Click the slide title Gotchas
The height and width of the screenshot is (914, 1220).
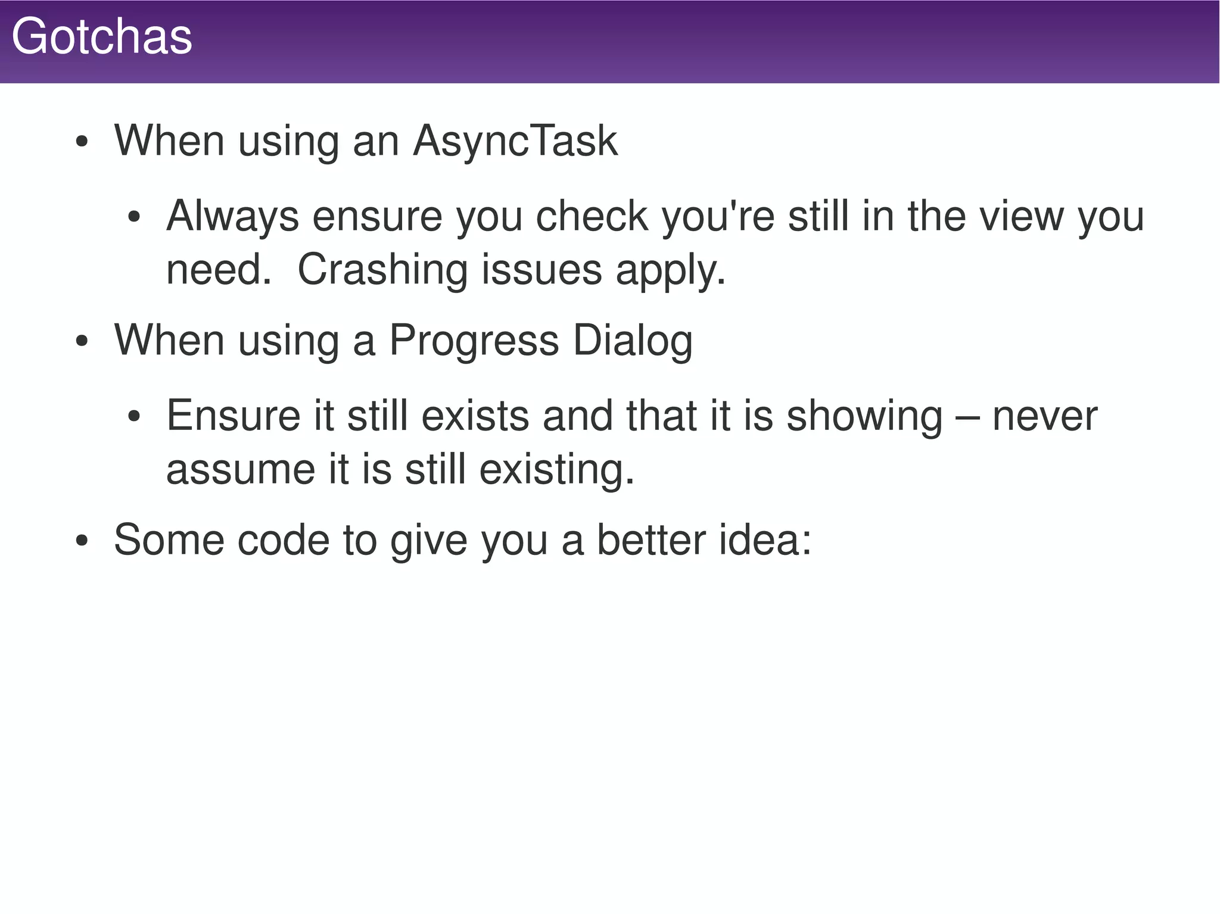(x=102, y=37)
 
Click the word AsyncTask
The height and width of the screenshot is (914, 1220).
(x=515, y=141)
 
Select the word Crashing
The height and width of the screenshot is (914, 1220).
(x=382, y=269)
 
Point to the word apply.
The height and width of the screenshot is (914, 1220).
(x=670, y=271)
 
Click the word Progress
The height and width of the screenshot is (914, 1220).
(x=474, y=341)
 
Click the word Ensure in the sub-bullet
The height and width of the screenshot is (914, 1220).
(x=233, y=415)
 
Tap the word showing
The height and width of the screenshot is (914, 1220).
(x=864, y=416)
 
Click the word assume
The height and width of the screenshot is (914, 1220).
(x=241, y=469)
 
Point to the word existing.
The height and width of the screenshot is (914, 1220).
(x=556, y=470)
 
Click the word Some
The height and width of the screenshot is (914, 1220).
(x=169, y=539)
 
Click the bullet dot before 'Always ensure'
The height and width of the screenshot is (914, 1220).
(x=134, y=217)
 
